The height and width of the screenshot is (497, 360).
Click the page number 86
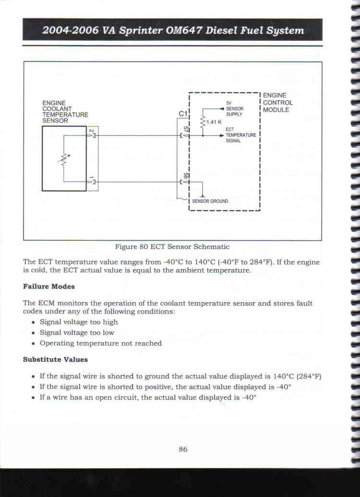[x=183, y=449]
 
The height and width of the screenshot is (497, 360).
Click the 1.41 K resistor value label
[x=214, y=122]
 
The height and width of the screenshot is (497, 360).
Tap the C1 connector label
[x=183, y=114]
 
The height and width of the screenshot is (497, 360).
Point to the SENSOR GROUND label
[x=210, y=201]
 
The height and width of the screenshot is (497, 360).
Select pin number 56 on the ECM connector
[x=186, y=175]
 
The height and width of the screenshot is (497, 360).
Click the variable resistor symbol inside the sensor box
[x=64, y=159]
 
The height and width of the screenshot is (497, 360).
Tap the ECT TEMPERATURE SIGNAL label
[x=241, y=135]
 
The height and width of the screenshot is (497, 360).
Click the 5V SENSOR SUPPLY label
[x=234, y=109]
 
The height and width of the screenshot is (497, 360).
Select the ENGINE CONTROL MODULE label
[x=278, y=103]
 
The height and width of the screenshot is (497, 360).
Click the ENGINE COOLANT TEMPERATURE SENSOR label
[x=65, y=112]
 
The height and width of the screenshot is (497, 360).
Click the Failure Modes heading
[x=49, y=286]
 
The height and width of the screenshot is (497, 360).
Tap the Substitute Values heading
[x=55, y=359]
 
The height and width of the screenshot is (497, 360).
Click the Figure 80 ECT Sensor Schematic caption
[x=172, y=247]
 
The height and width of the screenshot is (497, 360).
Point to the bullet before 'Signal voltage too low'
[x=33, y=333]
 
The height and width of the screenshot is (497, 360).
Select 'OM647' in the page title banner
[x=184, y=30]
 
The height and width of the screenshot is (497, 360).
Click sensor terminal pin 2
[x=91, y=130]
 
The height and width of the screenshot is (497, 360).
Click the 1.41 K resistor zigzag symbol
[x=203, y=122]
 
